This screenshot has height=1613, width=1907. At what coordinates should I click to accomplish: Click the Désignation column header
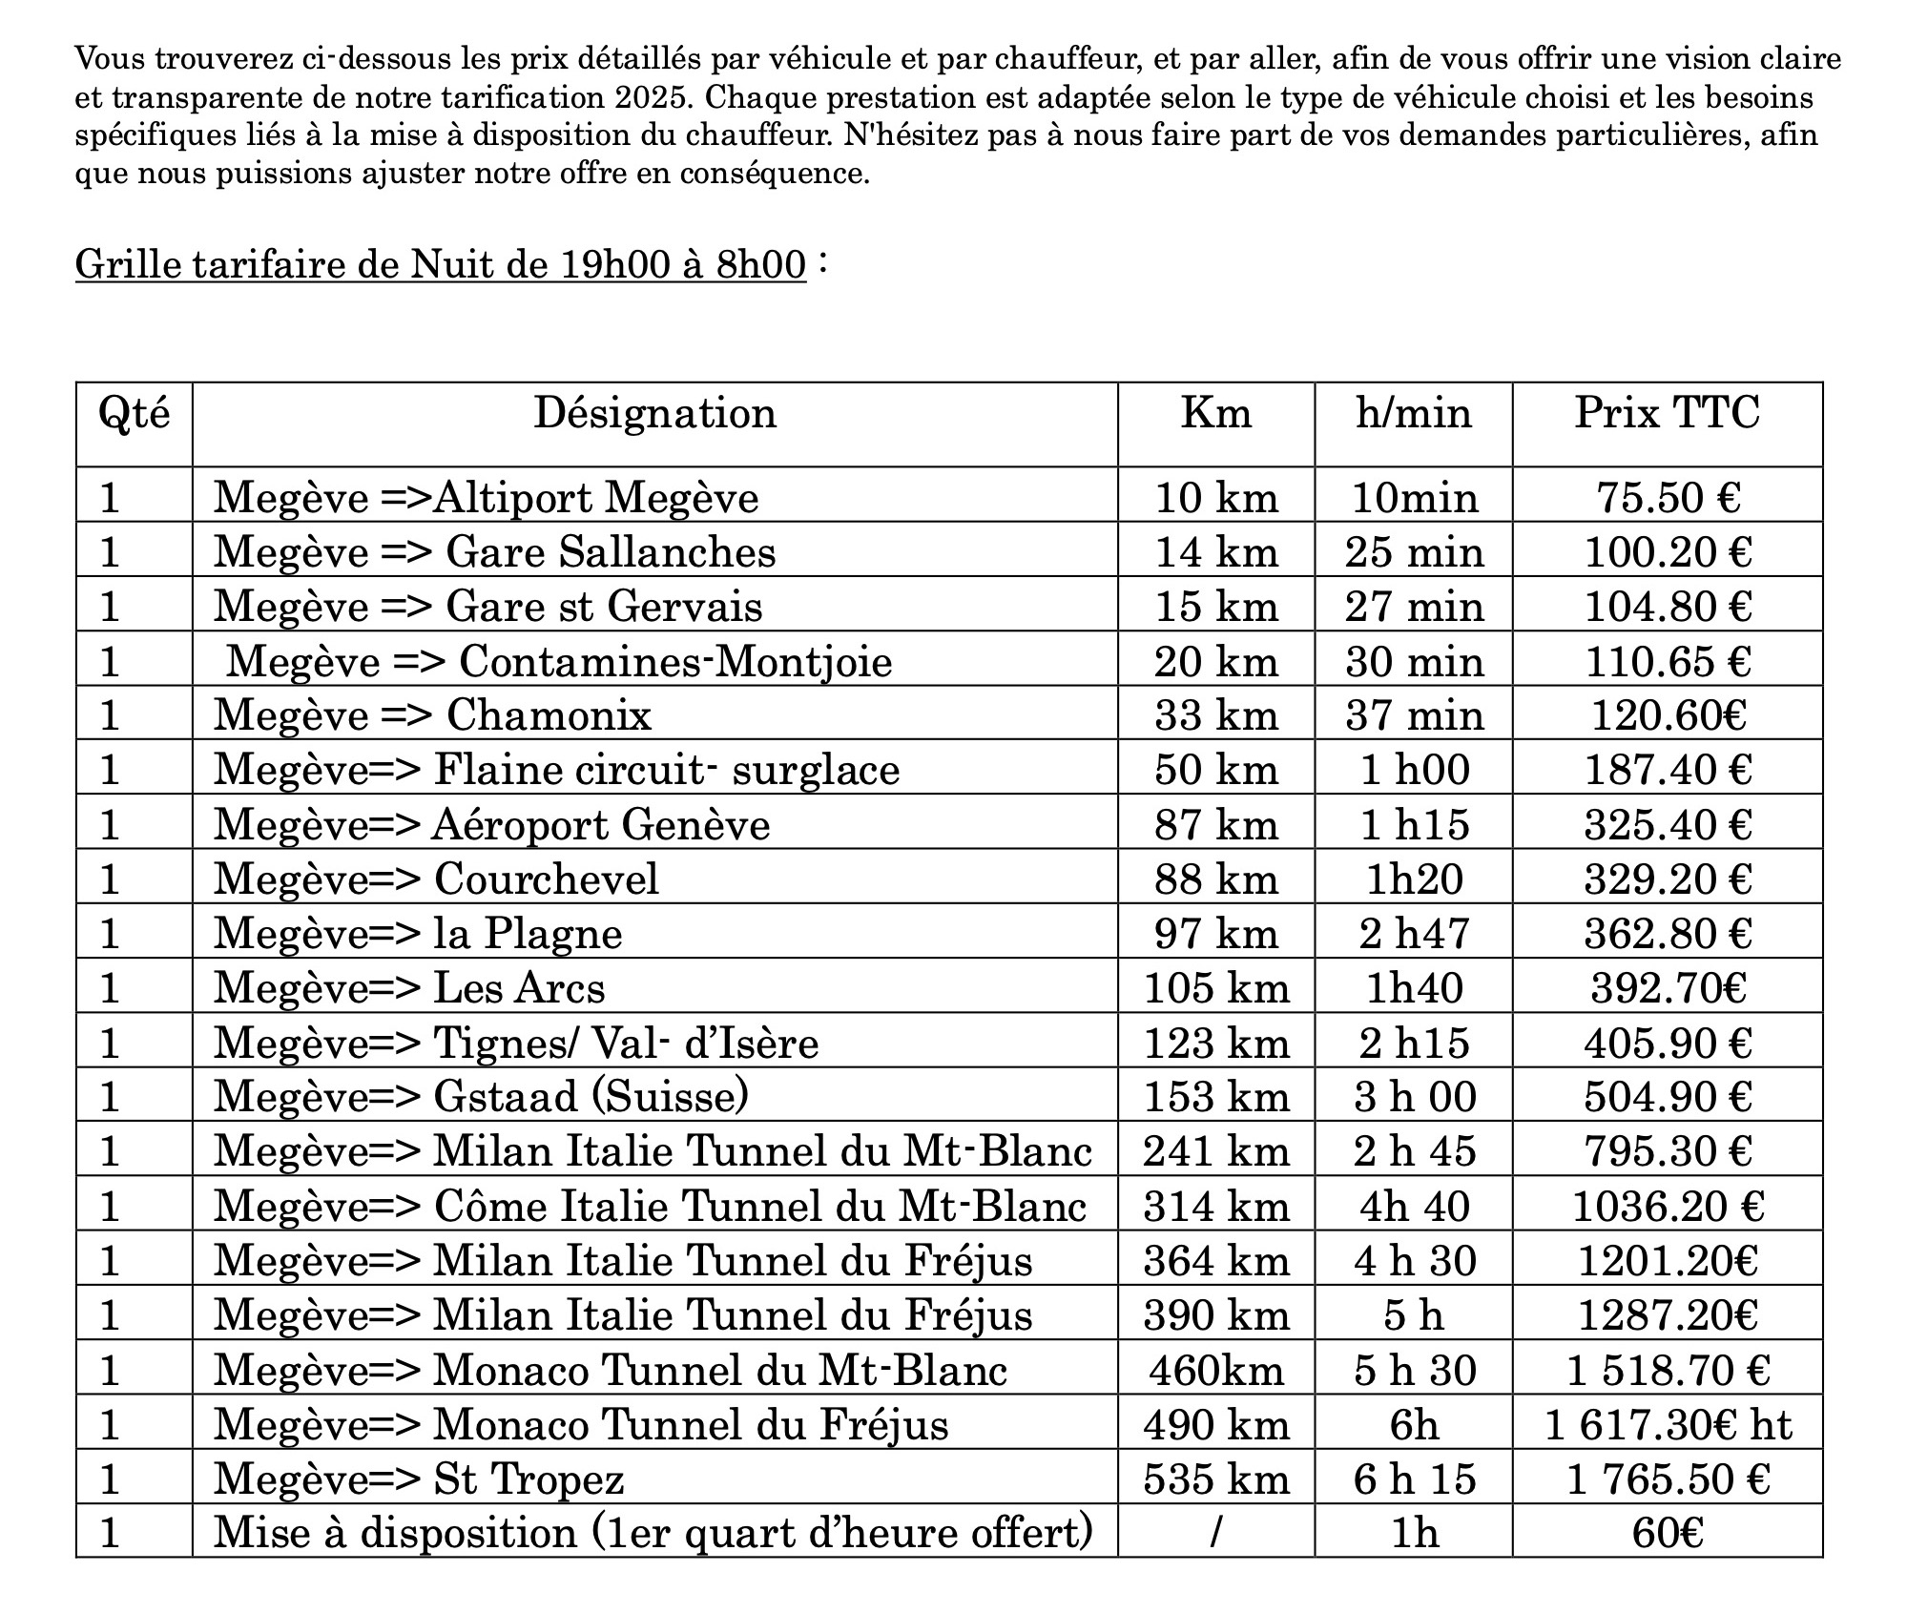click(x=654, y=414)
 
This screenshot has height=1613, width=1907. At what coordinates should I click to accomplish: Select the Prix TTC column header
click(x=1667, y=414)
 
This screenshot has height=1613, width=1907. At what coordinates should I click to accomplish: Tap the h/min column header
click(x=1414, y=414)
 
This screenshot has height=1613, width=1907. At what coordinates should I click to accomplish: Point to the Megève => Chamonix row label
click(x=432, y=715)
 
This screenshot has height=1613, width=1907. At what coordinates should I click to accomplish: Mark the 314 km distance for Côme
click(x=1216, y=1207)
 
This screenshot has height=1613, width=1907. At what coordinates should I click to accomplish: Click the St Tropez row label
click(x=419, y=1479)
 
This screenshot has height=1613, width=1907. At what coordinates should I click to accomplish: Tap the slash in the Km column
click(x=1215, y=1533)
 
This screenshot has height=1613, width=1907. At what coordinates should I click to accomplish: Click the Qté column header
click(x=135, y=414)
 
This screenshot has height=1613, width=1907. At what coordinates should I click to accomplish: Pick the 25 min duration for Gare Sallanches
click(x=1415, y=553)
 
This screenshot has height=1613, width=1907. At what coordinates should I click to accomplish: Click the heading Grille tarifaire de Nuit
click(x=441, y=264)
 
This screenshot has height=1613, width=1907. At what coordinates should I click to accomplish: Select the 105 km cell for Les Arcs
click(x=1216, y=988)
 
